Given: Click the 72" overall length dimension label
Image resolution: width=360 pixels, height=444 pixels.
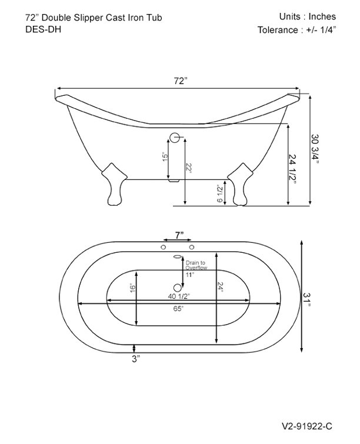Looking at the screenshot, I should [x=180, y=81].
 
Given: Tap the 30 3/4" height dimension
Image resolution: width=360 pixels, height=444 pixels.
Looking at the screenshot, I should [x=316, y=151].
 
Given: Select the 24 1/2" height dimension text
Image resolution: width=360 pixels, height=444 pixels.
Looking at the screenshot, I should [x=293, y=169].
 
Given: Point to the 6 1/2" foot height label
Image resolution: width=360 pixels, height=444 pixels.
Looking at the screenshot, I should [x=220, y=192].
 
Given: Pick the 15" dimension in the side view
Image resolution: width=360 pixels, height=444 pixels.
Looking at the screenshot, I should [x=166, y=158].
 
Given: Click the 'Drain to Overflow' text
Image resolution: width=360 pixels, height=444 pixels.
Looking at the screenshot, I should [x=196, y=265].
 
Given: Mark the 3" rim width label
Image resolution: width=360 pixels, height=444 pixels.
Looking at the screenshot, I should [x=136, y=358].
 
